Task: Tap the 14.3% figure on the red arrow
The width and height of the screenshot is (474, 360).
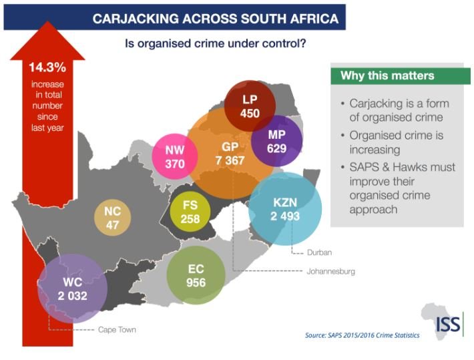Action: pyautogui.click(x=45, y=67)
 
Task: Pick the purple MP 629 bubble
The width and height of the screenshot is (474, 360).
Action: pyautogui.click(x=276, y=141)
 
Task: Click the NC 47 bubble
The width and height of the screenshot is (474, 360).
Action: pyautogui.click(x=111, y=218)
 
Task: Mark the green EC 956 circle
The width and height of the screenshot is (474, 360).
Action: pyautogui.click(x=196, y=275)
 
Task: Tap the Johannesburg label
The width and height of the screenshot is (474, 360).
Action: pyautogui.click(x=330, y=272)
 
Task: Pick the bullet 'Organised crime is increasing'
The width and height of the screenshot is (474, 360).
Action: pyautogui.click(x=397, y=142)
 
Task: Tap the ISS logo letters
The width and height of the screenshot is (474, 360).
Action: pyautogui.click(x=447, y=325)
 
